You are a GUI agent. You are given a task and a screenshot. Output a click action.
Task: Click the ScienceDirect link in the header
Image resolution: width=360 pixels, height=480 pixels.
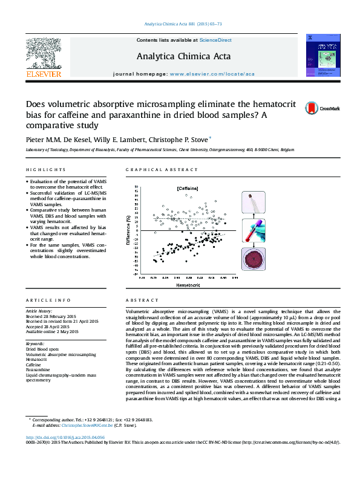coord(215,40)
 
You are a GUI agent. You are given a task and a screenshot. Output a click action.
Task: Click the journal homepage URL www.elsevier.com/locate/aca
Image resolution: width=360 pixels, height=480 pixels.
coord(212,73)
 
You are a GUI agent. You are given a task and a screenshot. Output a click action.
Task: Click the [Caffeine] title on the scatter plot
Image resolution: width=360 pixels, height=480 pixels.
coord(188,189)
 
